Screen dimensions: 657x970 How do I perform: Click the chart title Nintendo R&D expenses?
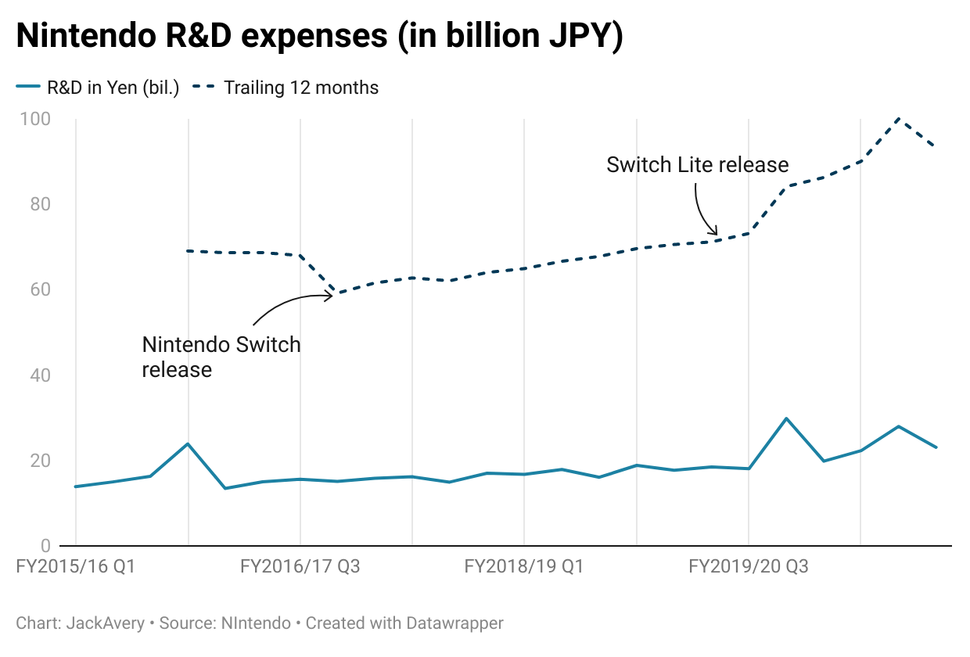tap(319, 37)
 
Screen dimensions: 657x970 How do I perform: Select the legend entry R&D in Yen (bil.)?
tap(113, 88)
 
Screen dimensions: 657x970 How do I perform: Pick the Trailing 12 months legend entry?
tap(300, 88)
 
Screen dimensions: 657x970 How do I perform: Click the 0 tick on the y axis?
tap(45, 545)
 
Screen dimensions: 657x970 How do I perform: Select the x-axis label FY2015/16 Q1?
tap(76, 565)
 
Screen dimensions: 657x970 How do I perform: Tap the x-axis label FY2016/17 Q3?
tap(300, 565)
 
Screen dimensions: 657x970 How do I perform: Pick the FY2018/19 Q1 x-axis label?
tap(524, 565)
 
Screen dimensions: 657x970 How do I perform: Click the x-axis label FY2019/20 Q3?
tap(749, 565)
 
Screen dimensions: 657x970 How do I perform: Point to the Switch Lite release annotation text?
tap(697, 165)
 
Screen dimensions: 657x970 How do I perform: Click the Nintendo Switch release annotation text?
tap(221, 357)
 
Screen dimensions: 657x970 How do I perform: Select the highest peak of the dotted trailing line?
tap(899, 118)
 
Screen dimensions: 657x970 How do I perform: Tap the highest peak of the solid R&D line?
tap(786, 418)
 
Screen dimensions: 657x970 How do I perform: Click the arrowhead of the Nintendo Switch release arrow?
tap(332, 295)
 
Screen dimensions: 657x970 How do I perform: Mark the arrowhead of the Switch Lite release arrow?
tap(716, 232)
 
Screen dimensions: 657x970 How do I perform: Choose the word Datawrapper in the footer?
tap(454, 623)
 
